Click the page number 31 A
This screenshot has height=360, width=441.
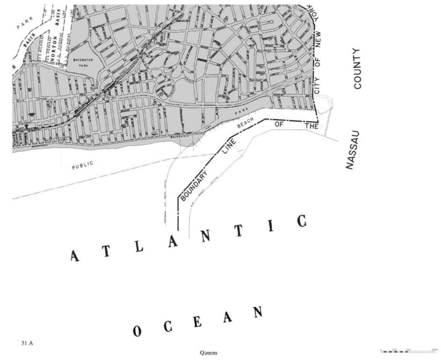point(25,343)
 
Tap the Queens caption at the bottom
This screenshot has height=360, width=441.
point(208,353)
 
